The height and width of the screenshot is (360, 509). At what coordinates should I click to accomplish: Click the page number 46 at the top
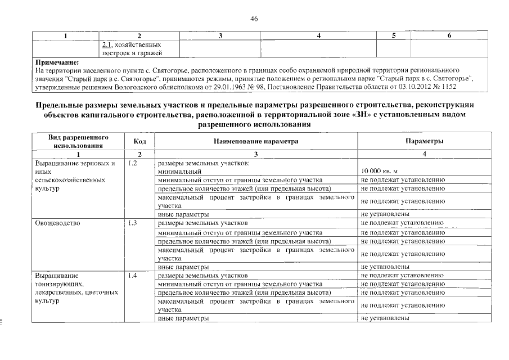pyautogui.click(x=254, y=19)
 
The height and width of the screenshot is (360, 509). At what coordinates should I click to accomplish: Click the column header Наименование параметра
pyautogui.click(x=256, y=142)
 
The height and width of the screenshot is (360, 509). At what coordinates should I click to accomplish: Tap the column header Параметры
pyautogui.click(x=425, y=142)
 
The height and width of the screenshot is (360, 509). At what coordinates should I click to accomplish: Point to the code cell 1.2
pyautogui.click(x=133, y=163)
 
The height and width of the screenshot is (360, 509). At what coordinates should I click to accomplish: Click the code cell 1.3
pyautogui.click(x=133, y=223)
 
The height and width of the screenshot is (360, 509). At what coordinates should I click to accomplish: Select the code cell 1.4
pyautogui.click(x=133, y=276)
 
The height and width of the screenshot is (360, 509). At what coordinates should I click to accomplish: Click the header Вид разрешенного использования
pyautogui.click(x=79, y=141)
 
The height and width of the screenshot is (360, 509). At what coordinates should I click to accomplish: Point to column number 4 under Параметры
pyautogui.click(x=425, y=154)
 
